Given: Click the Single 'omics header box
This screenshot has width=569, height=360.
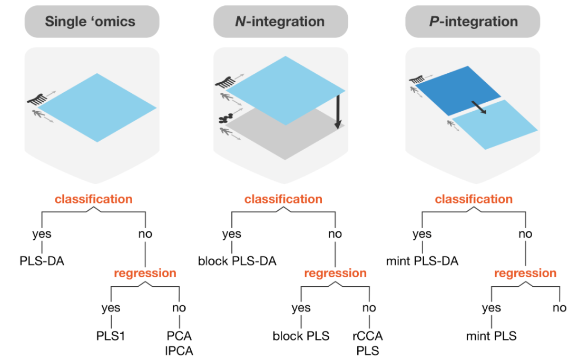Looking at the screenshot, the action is coord(92,22).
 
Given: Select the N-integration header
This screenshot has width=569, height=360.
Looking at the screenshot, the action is coord(280,22).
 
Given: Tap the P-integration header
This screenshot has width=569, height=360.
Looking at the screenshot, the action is coord(473,22).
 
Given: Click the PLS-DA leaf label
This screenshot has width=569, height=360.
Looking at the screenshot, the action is coord(42,261).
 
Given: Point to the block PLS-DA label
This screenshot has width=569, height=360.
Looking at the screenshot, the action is coord(237,261).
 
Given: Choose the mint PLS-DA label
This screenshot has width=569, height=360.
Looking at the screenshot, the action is coord(422,261).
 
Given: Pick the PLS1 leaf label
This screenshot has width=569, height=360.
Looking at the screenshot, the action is coord(111,336).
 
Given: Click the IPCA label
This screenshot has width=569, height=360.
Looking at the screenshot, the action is coord(179,351).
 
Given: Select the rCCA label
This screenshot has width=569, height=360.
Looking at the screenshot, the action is coord(368,336).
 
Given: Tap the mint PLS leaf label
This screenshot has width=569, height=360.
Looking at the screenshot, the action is coord(492,336).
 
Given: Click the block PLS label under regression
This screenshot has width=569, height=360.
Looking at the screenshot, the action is coord(301,336).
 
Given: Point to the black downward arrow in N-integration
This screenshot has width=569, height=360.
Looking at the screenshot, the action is coord(338,112).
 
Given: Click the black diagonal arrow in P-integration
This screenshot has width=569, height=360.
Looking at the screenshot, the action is coord(479,108).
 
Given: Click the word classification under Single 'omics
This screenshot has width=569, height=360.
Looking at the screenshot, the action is coord(94,199).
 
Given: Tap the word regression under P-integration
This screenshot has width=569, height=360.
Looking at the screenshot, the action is coord(525,273).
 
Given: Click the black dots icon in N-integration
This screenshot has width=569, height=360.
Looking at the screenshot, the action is coord(225,118).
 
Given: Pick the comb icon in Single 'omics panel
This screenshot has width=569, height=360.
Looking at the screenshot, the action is coord(37,99).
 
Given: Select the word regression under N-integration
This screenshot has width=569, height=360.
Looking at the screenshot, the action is coord(335,273).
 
